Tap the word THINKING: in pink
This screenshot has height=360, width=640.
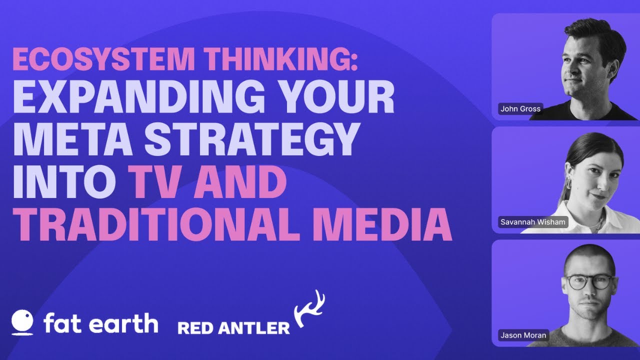pos(281,59)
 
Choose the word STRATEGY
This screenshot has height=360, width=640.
pos(251,139)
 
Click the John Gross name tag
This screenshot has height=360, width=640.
pos(520,109)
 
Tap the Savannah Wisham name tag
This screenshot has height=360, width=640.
pos(533,222)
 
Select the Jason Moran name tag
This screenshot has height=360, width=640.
pos(523,335)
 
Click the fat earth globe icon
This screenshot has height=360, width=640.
pos(22,322)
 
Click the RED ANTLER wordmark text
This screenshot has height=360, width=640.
pos(233,328)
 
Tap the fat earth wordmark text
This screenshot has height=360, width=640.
pos(101,323)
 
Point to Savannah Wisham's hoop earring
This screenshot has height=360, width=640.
pos(568,183)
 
